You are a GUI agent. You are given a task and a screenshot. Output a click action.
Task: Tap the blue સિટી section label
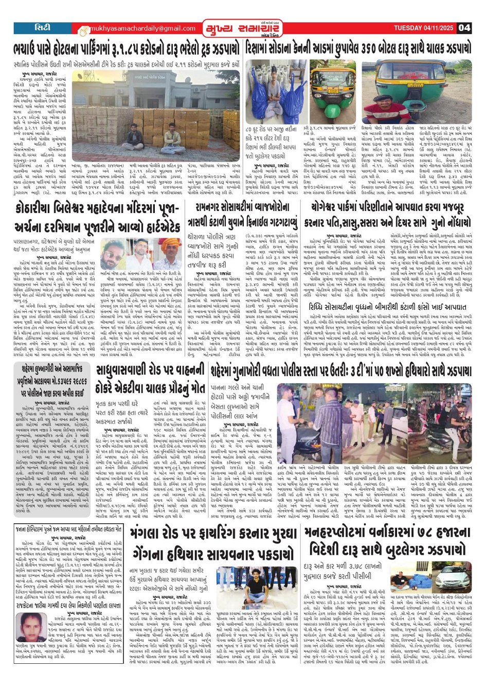39,27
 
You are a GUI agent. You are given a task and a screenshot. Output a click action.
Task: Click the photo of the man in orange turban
168,256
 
